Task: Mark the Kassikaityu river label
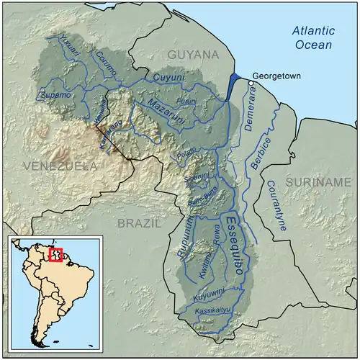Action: pyautogui.click(x=212, y=311)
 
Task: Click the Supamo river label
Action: pyautogui.click(x=54, y=95)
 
